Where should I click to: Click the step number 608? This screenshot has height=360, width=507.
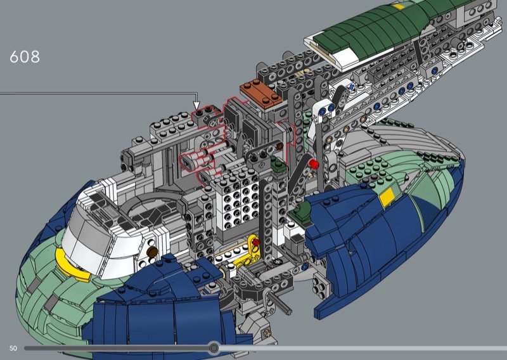(x=25, y=57)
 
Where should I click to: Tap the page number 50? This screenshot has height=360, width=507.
(x=13, y=349)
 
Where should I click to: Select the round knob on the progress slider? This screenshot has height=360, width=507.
(x=214, y=348)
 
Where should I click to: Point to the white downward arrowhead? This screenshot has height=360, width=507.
(x=196, y=105)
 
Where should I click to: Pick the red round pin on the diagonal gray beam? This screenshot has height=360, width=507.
(x=313, y=164)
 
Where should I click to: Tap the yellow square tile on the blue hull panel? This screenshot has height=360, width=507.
(x=387, y=197)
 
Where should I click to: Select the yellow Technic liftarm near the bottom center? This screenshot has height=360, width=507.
(x=247, y=252)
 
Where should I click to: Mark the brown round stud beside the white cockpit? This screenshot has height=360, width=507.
(x=151, y=252)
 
